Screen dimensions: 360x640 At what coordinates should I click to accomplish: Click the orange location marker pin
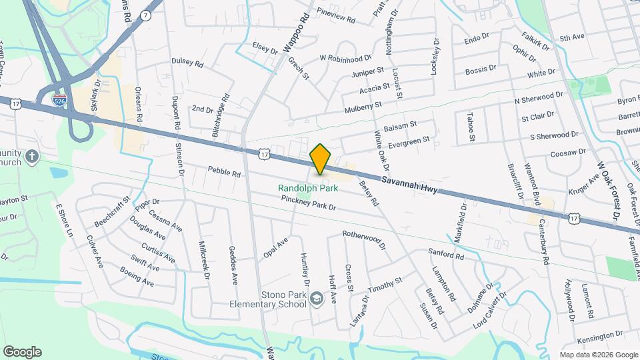coord(321,159)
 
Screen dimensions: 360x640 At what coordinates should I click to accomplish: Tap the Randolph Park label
coord(309,189)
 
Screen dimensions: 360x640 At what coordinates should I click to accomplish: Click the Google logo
coord(22,351)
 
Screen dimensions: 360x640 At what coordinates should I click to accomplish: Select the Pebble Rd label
coord(223,172)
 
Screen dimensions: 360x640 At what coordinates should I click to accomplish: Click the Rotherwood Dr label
coord(364,240)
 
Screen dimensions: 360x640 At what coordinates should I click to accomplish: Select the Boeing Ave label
coord(137,277)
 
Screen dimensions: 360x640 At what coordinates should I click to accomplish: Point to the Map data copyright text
coord(597,354)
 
